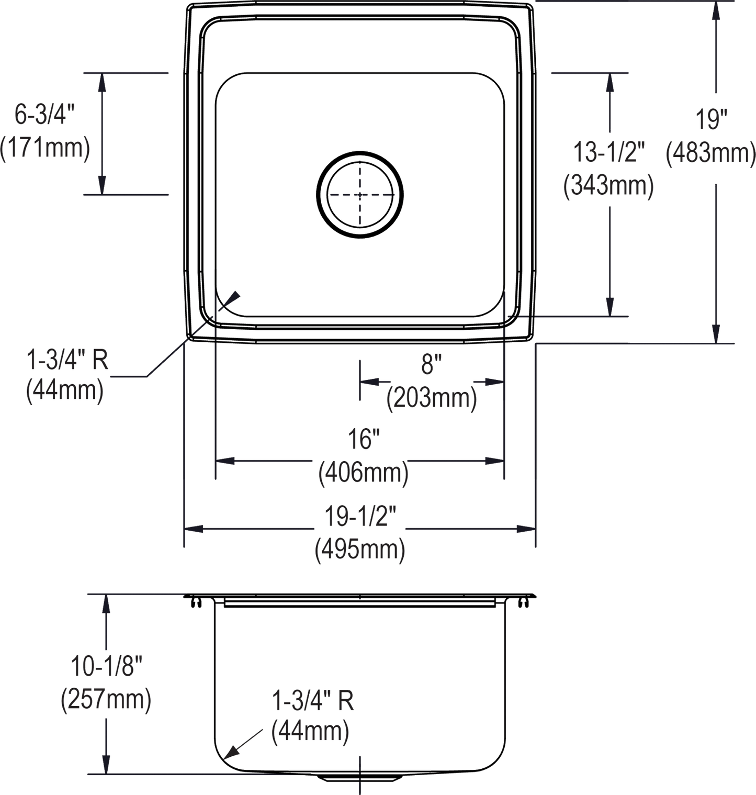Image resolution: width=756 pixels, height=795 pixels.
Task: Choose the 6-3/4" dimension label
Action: (x=46, y=114)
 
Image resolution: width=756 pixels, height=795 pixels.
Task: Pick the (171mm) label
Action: (x=46, y=149)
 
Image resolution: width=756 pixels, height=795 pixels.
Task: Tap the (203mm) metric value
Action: (x=431, y=400)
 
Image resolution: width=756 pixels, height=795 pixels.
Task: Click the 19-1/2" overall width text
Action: (x=360, y=519)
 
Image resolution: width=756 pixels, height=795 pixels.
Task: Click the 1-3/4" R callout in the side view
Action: (x=313, y=701)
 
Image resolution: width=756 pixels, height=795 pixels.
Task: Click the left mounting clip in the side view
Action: (x=196, y=603)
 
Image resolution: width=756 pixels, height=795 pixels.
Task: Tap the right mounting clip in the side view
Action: (x=522, y=603)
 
